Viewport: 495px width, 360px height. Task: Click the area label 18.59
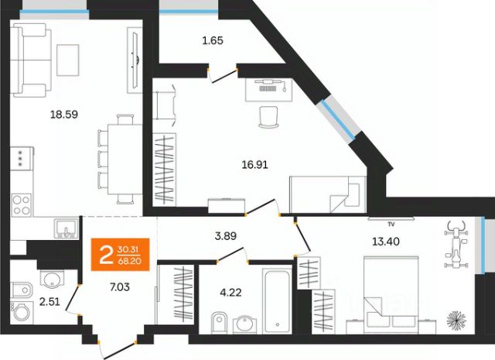(64, 115)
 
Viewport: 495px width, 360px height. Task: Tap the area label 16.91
(254, 165)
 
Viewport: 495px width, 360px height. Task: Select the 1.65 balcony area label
(213, 40)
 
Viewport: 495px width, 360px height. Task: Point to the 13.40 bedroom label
(386, 242)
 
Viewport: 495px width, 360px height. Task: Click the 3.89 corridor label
(225, 236)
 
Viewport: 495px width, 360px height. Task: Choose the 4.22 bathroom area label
(230, 293)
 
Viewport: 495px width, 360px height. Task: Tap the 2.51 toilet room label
(49, 302)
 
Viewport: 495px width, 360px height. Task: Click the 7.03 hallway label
(120, 287)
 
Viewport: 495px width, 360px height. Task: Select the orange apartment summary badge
(121, 255)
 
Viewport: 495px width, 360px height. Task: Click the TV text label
(391, 225)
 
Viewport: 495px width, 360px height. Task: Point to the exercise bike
(456, 245)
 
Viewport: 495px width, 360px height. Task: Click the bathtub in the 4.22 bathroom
(277, 300)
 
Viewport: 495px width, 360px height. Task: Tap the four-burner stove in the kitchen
(22, 205)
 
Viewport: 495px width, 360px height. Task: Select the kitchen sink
(67, 228)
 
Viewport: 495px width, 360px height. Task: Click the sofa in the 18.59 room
(31, 60)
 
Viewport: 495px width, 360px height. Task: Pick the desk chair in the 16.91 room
(268, 117)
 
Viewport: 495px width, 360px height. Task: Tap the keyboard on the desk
(268, 88)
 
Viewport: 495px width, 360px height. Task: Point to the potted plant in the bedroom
(456, 319)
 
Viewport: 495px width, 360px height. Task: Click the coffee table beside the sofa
(67, 60)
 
